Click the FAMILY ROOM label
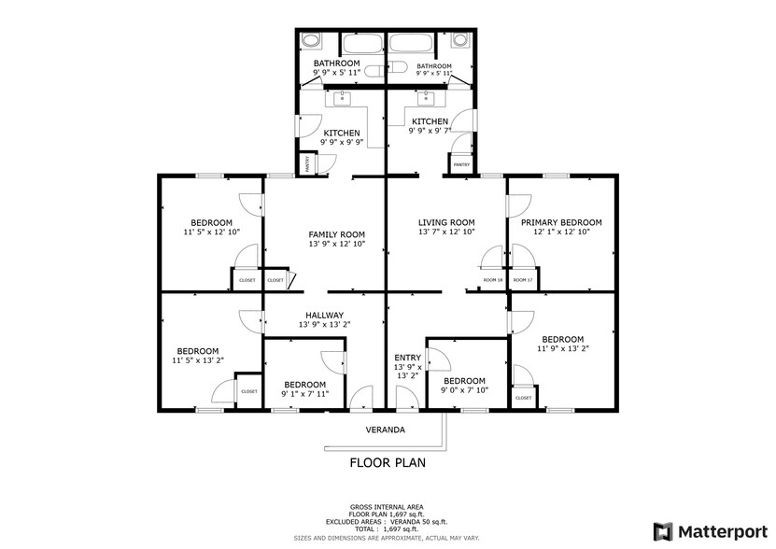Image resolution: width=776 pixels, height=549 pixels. [336, 234]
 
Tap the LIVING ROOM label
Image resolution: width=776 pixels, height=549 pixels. [447, 221]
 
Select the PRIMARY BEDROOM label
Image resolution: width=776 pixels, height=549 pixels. [561, 222]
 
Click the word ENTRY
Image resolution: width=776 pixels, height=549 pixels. [407, 358]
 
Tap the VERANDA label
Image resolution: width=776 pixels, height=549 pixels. [385, 430]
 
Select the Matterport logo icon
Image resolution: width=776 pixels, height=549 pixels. [663, 531]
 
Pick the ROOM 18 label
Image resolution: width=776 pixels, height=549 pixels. [493, 280]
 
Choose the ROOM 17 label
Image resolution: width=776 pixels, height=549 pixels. [523, 280]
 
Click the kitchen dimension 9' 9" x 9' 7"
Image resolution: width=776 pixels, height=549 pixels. [430, 132]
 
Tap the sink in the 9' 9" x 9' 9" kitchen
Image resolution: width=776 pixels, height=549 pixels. [337, 97]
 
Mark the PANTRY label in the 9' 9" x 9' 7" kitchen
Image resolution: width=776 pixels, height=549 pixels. [461, 164]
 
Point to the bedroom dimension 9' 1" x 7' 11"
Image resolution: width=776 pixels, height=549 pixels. [305, 394]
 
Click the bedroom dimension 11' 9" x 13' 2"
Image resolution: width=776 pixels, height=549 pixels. [562, 349]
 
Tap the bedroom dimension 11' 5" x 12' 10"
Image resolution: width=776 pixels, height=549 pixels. [211, 232]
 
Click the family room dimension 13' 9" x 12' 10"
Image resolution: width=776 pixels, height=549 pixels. [336, 244]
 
